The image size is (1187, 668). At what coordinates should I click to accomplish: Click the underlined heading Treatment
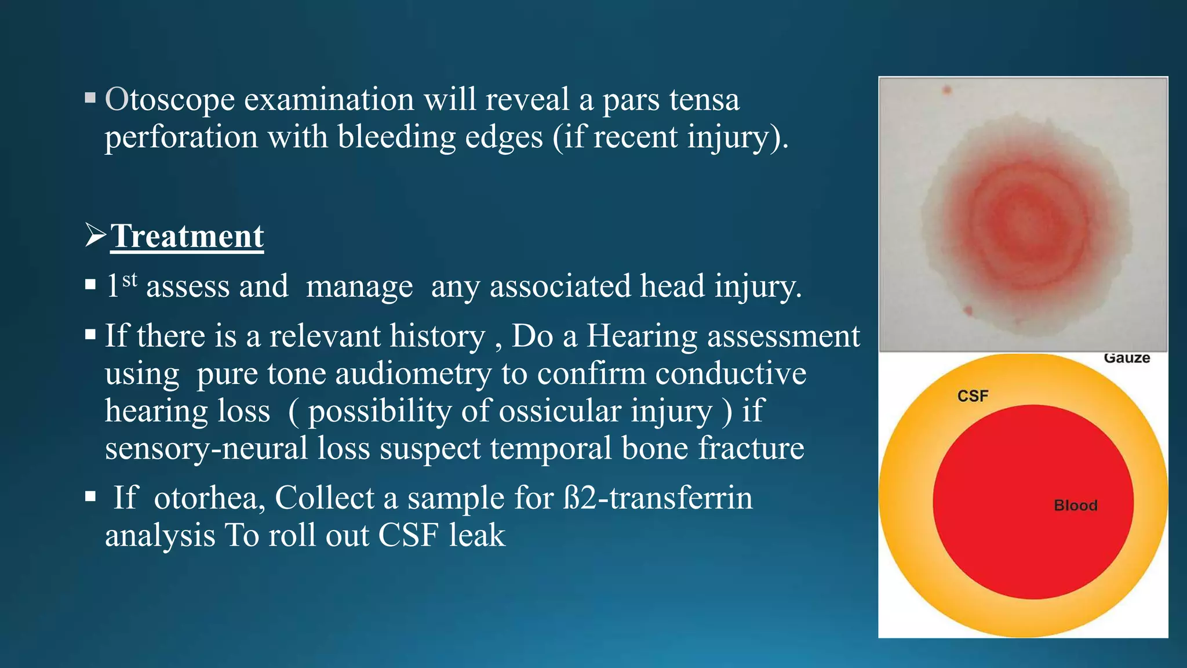pyautogui.click(x=187, y=237)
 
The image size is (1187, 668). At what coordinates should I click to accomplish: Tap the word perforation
pyautogui.click(x=181, y=138)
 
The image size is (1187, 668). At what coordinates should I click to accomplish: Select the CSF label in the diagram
pyautogui.click(x=973, y=396)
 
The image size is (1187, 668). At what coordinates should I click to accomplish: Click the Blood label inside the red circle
pyautogui.click(x=1075, y=506)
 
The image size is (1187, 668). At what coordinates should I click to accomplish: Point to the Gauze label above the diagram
pyautogui.click(x=1126, y=358)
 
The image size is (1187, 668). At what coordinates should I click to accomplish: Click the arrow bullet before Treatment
pyautogui.click(x=95, y=235)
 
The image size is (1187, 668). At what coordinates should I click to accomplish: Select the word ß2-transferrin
pyautogui.click(x=658, y=498)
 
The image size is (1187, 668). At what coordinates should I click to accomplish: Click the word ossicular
pyautogui.click(x=560, y=412)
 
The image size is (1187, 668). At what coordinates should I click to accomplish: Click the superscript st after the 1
pyautogui.click(x=130, y=279)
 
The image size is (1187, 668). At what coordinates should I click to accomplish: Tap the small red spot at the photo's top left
pyautogui.click(x=947, y=90)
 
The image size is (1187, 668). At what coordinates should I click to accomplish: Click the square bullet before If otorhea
pyautogui.click(x=90, y=496)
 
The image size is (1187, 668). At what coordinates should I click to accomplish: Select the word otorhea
pyautogui.click(x=209, y=498)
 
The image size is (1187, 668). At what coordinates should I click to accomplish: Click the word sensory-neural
pyautogui.click(x=206, y=449)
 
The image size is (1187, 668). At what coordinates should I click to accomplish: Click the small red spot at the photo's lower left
pyautogui.click(x=967, y=311)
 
